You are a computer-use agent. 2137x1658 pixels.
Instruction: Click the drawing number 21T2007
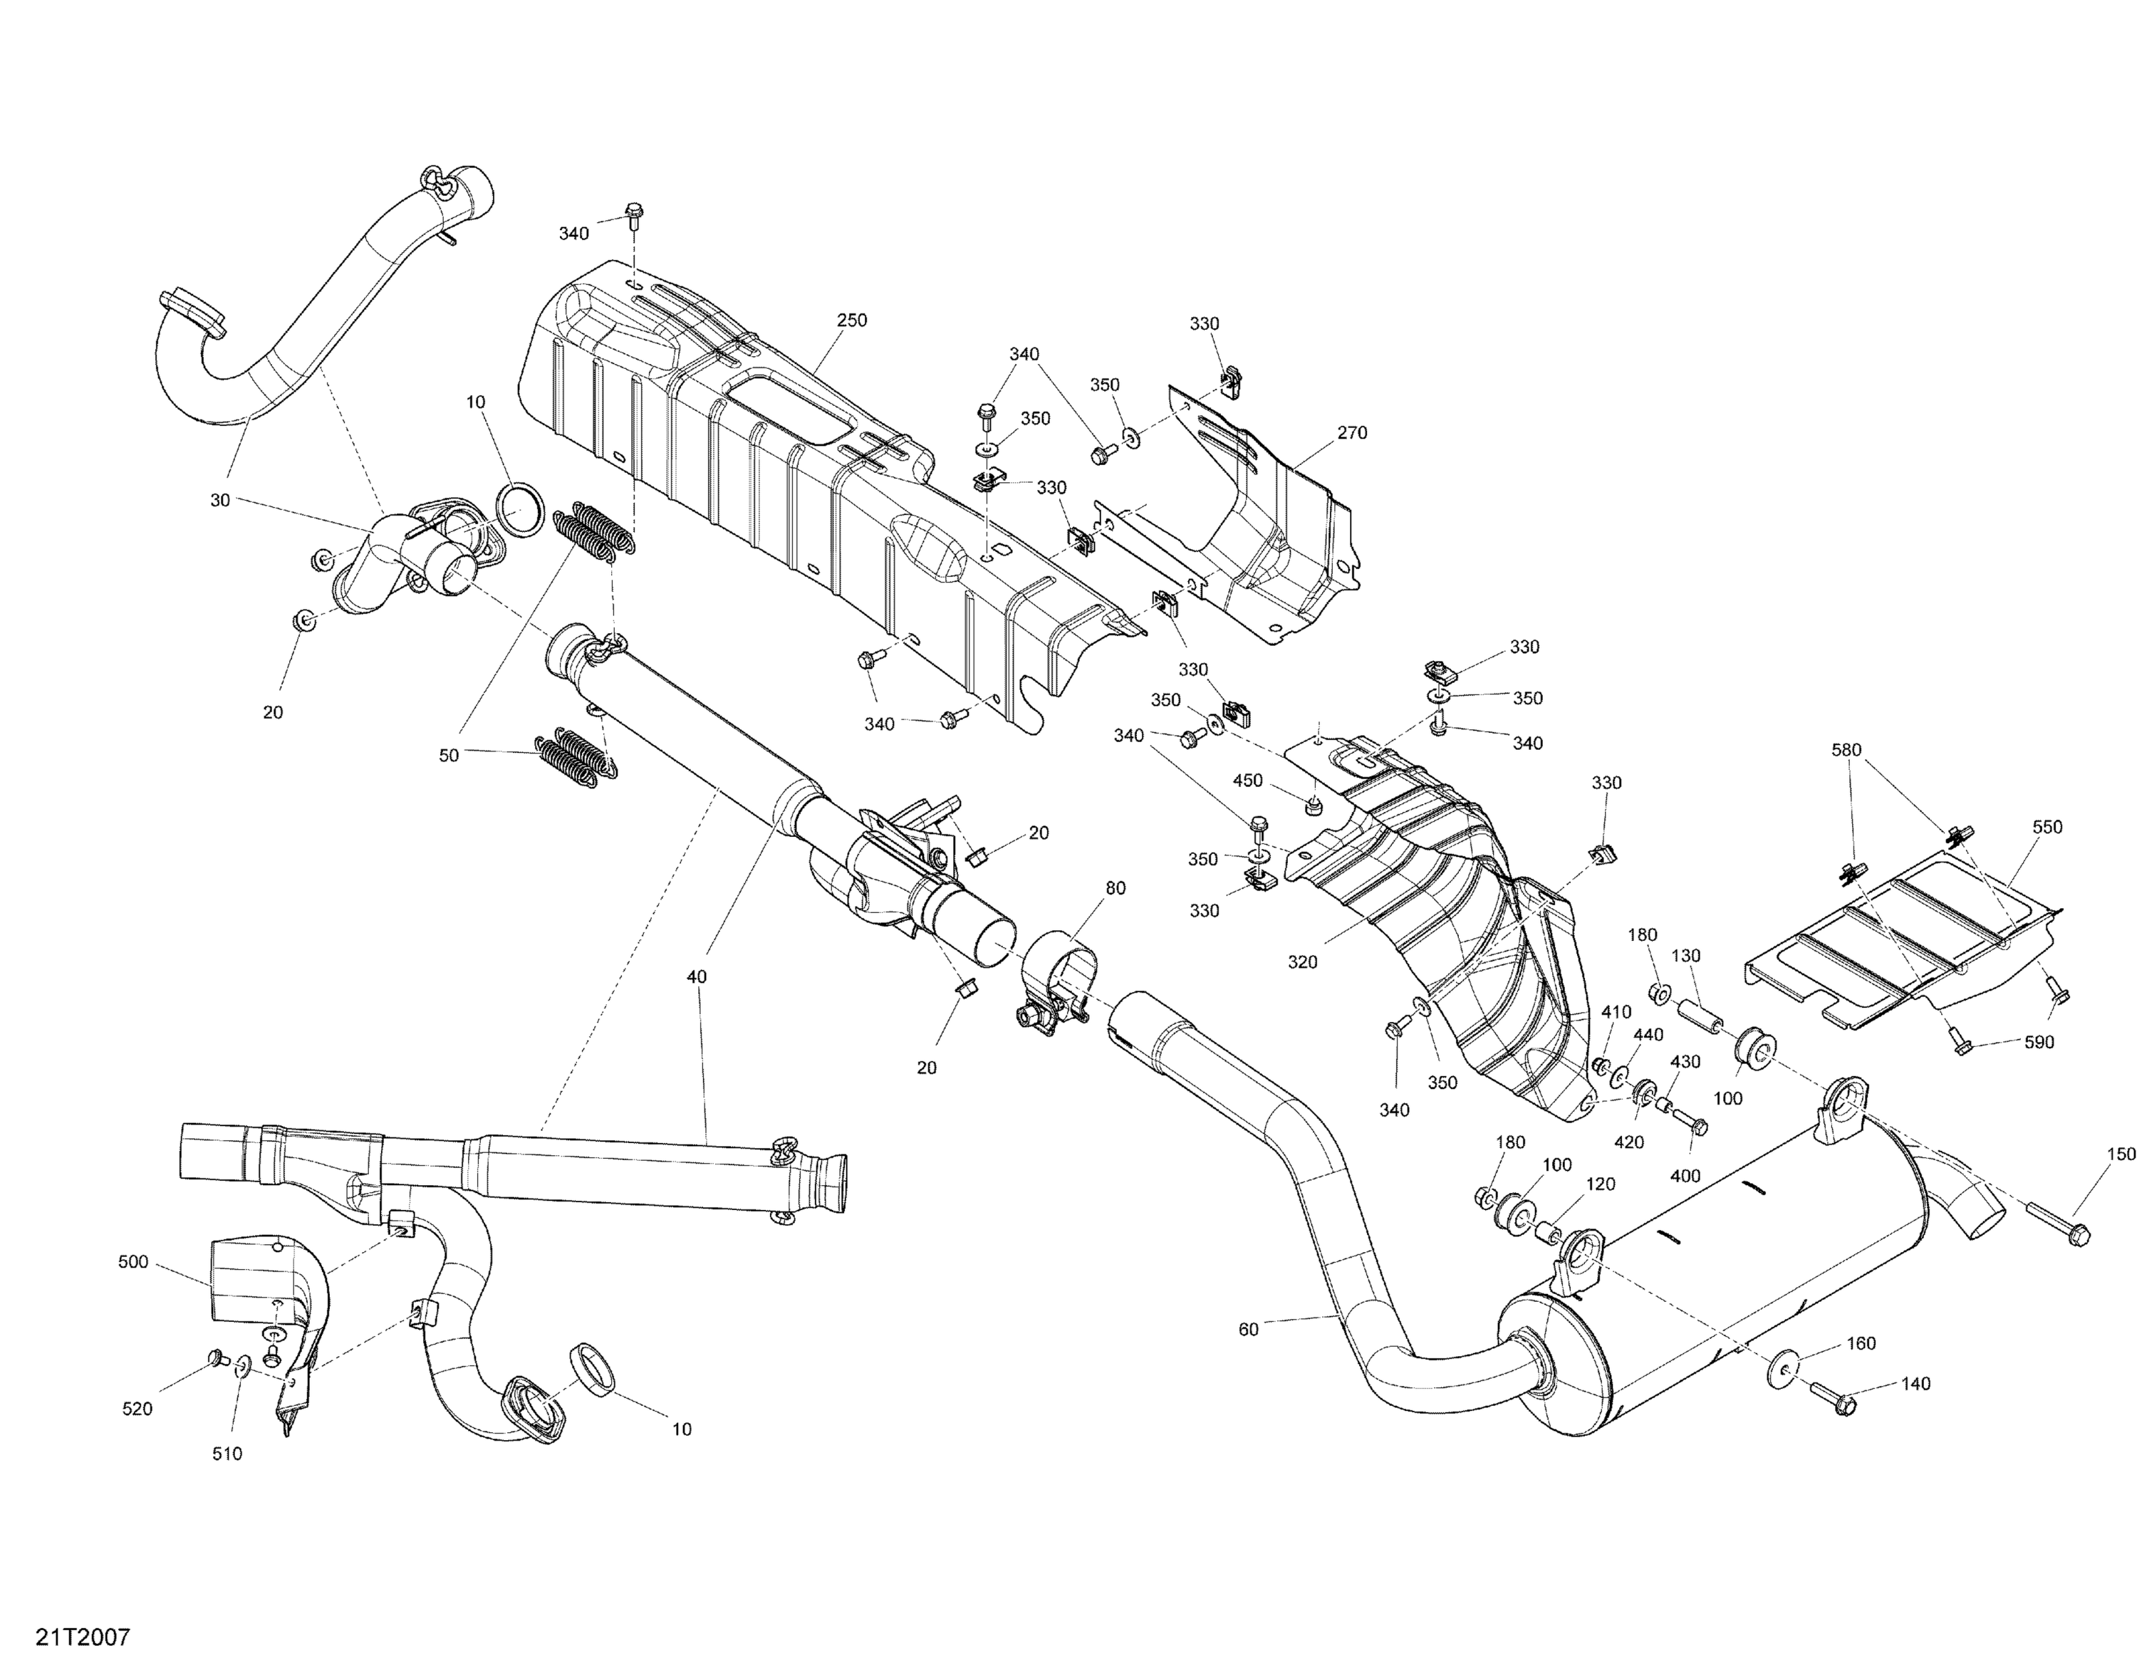click(83, 1637)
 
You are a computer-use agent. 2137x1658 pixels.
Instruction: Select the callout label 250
click(851, 320)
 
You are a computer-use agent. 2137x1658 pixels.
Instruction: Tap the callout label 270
click(1351, 432)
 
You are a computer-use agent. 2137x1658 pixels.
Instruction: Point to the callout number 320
click(1302, 961)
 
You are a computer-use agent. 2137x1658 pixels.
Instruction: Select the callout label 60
click(1249, 1330)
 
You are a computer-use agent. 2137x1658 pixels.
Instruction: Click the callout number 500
click(133, 1262)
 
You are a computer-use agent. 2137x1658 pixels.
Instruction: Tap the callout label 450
click(1247, 781)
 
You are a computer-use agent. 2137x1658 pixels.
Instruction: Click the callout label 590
click(2039, 1043)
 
